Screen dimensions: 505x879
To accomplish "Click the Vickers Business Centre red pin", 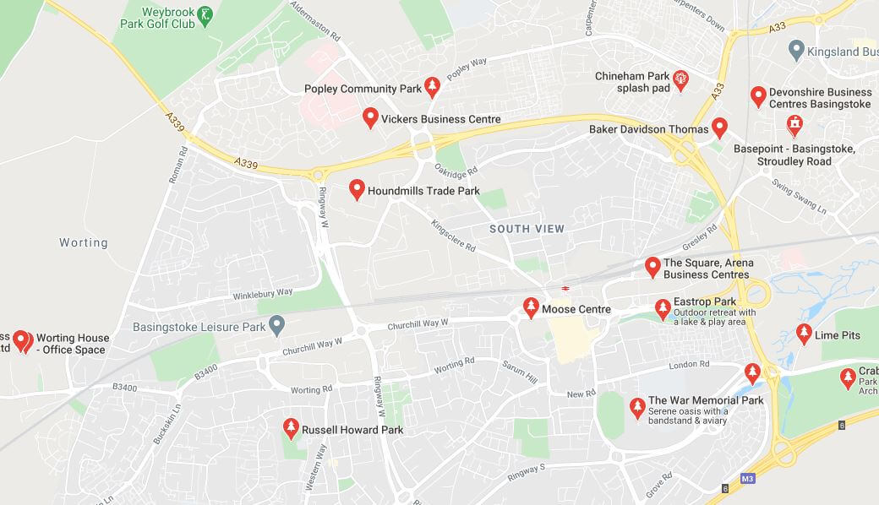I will (370, 117).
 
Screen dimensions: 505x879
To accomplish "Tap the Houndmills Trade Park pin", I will (357, 189).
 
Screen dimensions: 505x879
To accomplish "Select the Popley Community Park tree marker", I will (433, 86).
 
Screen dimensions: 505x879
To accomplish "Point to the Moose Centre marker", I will (531, 307).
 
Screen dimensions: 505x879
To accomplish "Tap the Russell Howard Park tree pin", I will (291, 427).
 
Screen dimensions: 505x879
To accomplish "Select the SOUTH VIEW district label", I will (527, 229).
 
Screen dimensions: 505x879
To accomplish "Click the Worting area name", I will (84, 242).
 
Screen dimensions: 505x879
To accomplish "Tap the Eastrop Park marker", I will (663, 308).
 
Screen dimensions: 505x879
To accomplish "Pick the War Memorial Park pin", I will (637, 408).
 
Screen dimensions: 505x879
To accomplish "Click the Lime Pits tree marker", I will (804, 334).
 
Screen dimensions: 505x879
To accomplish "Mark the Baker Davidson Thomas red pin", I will (719, 128).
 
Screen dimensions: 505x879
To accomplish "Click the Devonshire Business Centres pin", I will (758, 95).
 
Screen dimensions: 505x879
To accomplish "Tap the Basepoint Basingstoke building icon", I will (794, 127).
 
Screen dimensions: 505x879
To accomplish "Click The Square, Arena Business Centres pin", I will (652, 267).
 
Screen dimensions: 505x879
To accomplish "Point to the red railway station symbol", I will (565, 289).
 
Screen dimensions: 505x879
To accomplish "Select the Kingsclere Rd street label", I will (453, 237).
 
